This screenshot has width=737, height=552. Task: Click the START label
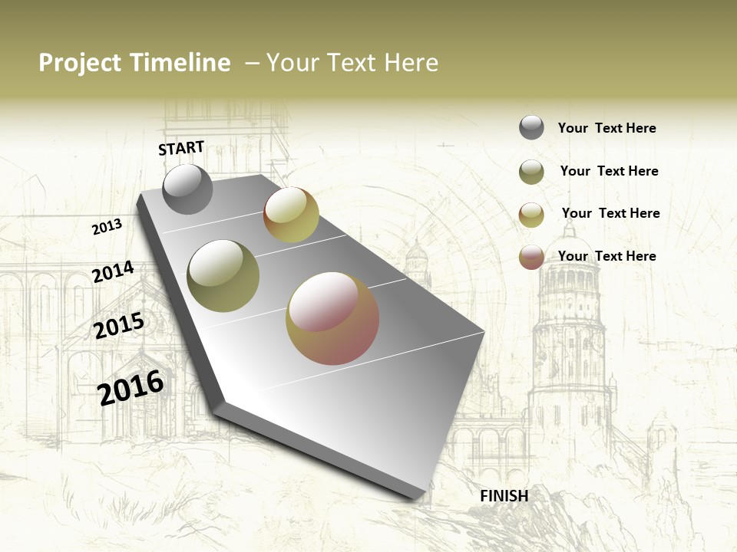pos(181,148)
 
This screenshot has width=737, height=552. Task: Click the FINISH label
pos(504,496)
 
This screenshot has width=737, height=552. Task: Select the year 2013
pos(107,227)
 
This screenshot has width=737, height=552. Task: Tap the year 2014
pos(113,272)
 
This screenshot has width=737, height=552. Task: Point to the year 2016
pos(131,387)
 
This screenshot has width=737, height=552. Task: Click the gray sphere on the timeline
pos(187,189)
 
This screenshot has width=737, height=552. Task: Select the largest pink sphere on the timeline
pos(332,318)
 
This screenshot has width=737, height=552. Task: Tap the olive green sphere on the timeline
pos(223,276)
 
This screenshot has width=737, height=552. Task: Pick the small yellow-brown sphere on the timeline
pos(291,215)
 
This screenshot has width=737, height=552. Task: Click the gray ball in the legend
pos(531,128)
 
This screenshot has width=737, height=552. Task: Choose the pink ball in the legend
pos(531,257)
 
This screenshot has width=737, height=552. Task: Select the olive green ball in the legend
pos(531,172)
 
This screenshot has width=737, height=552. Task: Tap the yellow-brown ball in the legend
pos(531,215)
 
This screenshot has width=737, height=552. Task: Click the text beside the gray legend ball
pos(606,129)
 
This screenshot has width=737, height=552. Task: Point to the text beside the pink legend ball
pos(606,256)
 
